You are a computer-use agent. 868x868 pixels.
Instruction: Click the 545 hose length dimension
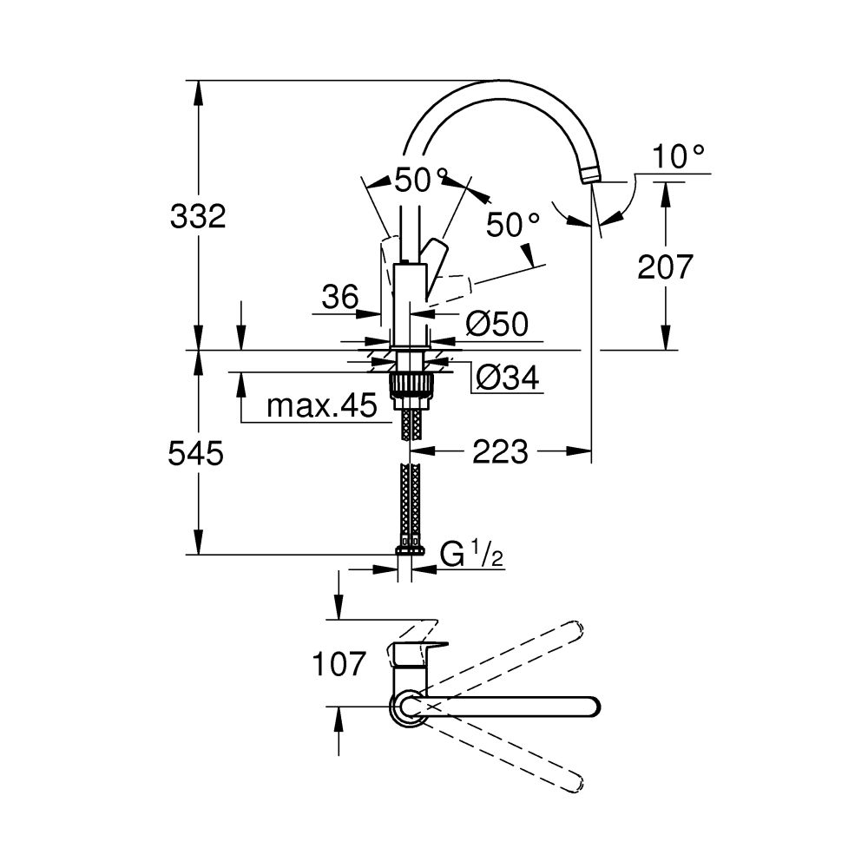tap(196, 452)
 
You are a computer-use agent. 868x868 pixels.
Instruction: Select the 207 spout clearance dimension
tap(666, 266)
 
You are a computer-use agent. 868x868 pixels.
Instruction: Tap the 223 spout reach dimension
tap(501, 451)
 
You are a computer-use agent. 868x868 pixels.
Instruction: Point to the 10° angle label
tap(679, 157)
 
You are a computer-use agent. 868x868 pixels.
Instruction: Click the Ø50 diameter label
tap(496, 324)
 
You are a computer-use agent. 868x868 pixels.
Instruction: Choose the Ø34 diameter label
tap(508, 377)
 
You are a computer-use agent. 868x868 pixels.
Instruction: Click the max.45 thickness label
tap(321, 405)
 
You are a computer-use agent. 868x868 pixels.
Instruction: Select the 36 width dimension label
tap(339, 298)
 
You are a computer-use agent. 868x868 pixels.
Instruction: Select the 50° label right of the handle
tap(513, 226)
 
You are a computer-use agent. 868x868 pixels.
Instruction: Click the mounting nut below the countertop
tap(411, 385)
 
